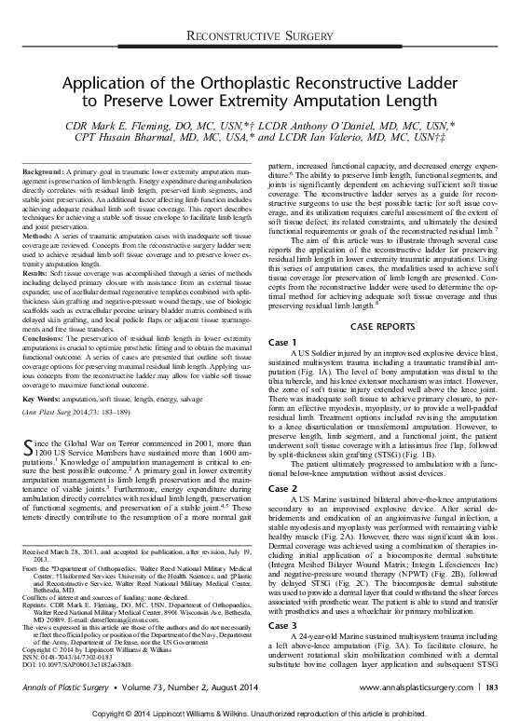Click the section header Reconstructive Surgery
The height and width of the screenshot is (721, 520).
(x=259, y=34)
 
